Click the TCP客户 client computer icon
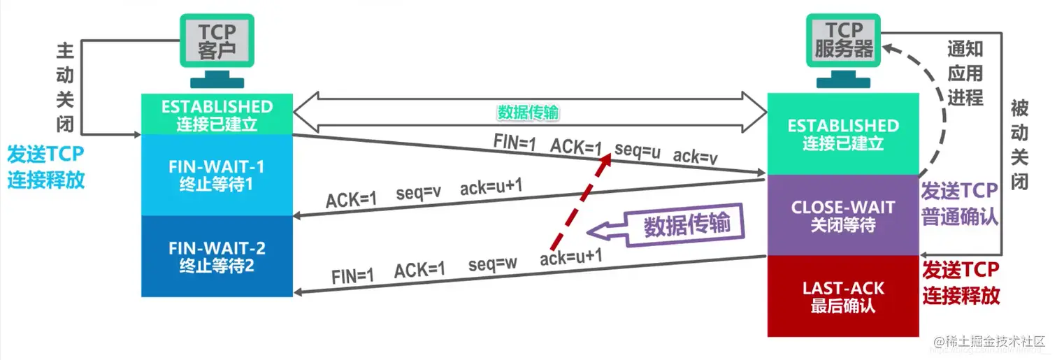click(x=216, y=43)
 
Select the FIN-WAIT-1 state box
click(x=216, y=175)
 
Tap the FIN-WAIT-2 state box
click(x=216, y=256)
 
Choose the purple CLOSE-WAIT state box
click(x=842, y=215)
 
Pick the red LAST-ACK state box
click(x=842, y=296)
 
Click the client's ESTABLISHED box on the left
click(x=217, y=114)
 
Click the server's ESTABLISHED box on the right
click(x=842, y=133)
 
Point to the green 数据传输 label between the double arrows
click(x=528, y=113)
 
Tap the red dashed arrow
click(x=580, y=203)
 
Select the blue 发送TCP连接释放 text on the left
click(x=46, y=167)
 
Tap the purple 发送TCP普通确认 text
click(x=960, y=204)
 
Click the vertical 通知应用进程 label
click(x=965, y=73)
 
